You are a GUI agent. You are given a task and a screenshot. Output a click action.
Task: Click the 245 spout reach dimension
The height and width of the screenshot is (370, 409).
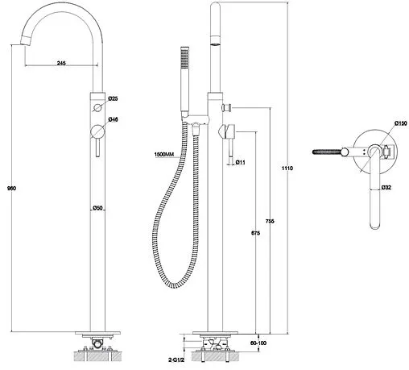click(61, 63)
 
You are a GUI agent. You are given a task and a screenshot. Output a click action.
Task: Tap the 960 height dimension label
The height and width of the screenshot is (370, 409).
click(11, 188)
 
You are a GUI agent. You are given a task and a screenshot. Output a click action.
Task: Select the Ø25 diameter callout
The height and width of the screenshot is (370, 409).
click(113, 98)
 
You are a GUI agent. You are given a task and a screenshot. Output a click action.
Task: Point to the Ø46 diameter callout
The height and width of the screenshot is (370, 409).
click(113, 119)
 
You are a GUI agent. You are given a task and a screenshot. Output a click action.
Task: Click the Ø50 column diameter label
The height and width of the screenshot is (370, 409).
click(97, 208)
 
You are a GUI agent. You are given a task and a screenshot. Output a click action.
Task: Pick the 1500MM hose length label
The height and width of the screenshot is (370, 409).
click(164, 155)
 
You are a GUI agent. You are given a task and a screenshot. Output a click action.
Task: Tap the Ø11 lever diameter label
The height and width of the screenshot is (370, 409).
click(240, 162)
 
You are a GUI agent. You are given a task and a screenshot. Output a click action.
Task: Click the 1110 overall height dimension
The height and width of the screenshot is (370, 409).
click(287, 168)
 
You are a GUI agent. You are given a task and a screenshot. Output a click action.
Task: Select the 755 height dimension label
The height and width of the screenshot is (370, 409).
click(270, 222)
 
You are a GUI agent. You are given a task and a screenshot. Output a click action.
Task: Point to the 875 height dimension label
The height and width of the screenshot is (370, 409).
click(255, 233)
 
